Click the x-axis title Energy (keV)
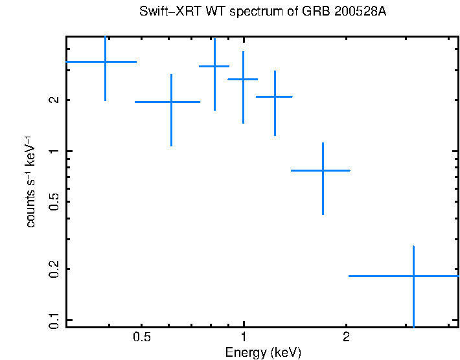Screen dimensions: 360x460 coord(263,352)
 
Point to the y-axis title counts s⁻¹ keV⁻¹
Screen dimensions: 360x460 coord(30,182)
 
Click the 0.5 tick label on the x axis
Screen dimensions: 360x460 coord(141,337)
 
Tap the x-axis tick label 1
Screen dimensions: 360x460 coord(244,337)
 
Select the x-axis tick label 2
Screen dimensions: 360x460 coord(346,337)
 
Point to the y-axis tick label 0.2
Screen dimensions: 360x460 coord(54,268)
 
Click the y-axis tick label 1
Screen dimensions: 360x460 coord(54,151)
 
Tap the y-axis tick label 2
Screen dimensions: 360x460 coord(54,100)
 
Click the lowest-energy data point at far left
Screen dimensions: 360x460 coord(105,62)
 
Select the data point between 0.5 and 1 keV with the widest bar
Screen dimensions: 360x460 coord(171,102)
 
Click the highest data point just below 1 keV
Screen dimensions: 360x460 coord(214,66)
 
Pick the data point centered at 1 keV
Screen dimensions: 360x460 coord(243,79)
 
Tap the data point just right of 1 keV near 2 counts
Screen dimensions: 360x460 coord(275,96)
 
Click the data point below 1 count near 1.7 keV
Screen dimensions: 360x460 coord(322,170)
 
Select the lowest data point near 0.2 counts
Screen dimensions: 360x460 coord(413,276)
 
